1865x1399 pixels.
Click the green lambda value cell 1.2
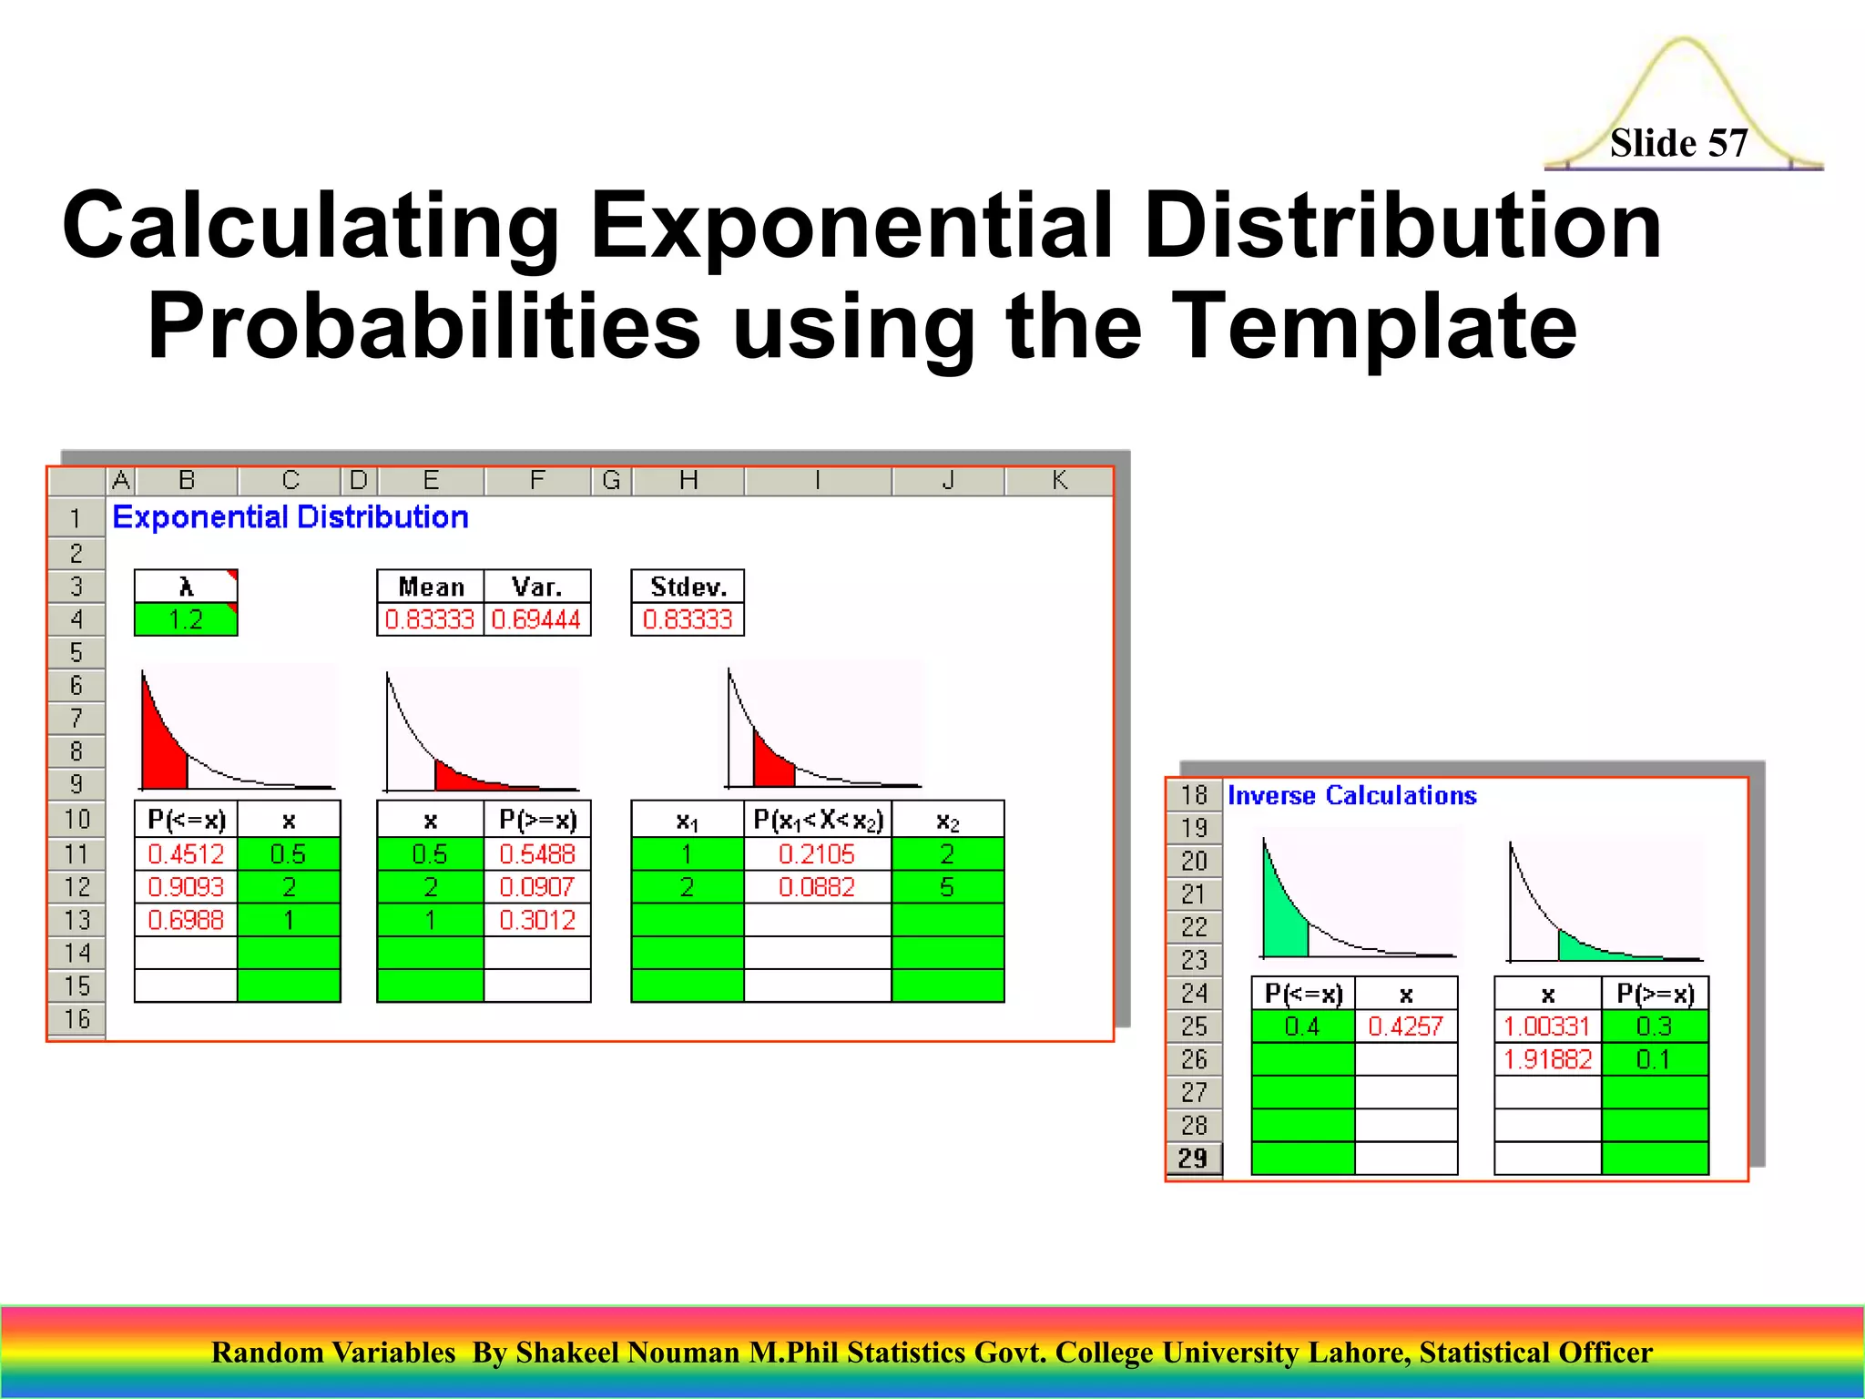186,619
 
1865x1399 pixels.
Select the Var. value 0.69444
536,619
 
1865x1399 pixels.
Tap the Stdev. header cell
688,587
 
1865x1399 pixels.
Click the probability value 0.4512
186,854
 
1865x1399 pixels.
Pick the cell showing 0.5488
537,854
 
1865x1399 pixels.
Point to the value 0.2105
817,854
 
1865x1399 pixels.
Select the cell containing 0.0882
817,887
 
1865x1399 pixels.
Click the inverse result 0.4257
1405,1026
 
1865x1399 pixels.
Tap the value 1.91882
1547,1059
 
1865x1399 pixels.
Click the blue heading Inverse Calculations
1351,795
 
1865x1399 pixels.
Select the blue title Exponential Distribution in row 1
290,517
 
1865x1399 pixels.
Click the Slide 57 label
1678,143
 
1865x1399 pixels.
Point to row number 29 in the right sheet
1193,1159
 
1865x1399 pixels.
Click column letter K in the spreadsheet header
1059,480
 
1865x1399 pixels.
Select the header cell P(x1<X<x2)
817,820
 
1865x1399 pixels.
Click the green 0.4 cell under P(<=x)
1302,1026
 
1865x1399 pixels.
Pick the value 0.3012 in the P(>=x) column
537,920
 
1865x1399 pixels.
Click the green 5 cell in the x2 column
947,887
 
